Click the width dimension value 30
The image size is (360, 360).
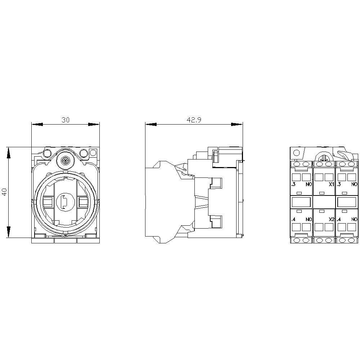(66, 120)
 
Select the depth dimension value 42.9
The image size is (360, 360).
(194, 120)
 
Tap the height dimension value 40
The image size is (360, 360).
(5, 192)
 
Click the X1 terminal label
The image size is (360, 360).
(331, 184)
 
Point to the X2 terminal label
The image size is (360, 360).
(331, 219)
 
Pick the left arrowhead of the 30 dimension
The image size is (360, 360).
(37, 125)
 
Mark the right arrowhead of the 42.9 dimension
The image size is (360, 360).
(237, 125)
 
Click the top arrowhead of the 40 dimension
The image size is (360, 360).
(9, 153)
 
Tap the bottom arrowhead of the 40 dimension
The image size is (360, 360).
(9, 232)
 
